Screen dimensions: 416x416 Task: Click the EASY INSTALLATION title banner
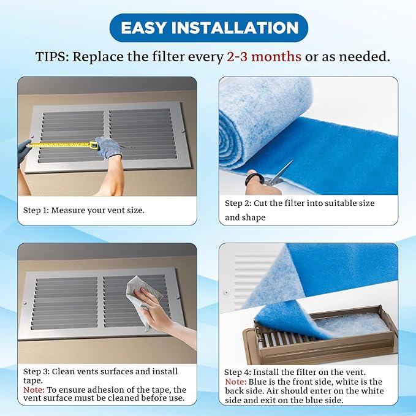pyautogui.click(x=208, y=28)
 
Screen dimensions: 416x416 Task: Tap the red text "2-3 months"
pyautogui.click(x=263, y=56)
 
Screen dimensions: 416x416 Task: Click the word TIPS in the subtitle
pyautogui.click(x=51, y=56)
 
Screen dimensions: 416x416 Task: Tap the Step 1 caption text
pyautogui.click(x=84, y=210)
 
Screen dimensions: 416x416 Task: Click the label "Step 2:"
pyautogui.click(x=242, y=203)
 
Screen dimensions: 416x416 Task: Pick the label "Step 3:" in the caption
pyautogui.click(x=36, y=371)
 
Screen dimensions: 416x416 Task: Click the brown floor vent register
pyautogui.click(x=325, y=343)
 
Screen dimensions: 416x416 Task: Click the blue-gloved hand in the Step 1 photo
pyautogui.click(x=24, y=147)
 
